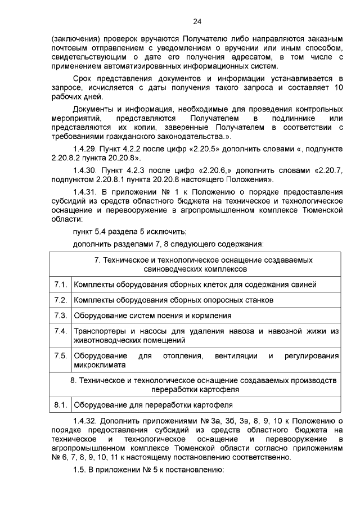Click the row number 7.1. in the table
pos(60,285)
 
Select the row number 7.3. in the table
pos(60,316)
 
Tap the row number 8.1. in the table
pos(60,404)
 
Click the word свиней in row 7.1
pos(304,285)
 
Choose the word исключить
pos(168,232)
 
